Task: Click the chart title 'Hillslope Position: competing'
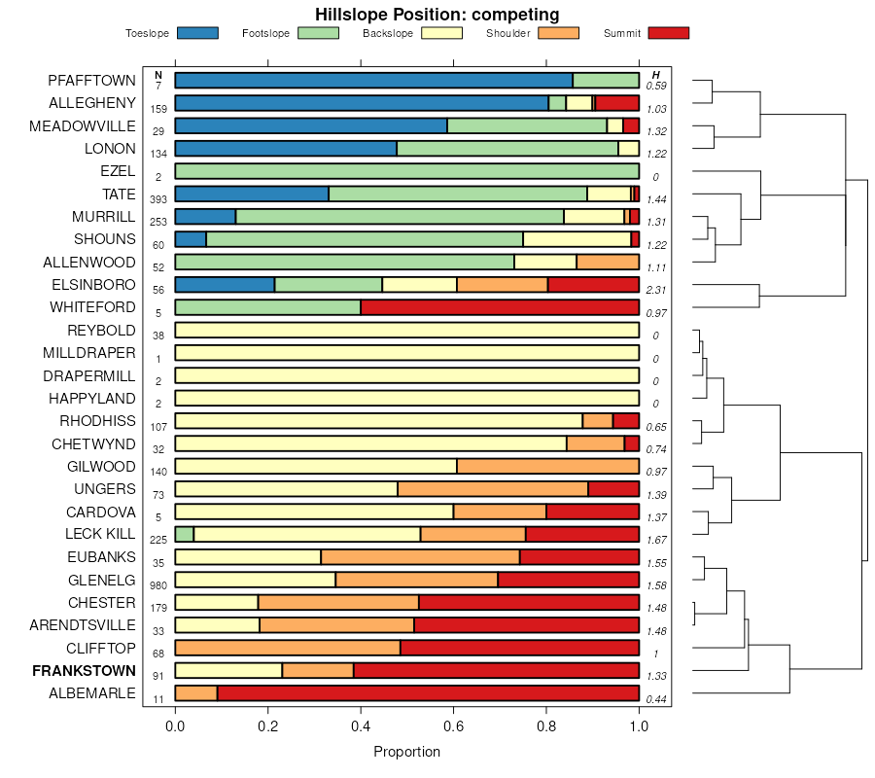437,14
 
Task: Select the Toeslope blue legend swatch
198,33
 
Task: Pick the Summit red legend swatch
668,33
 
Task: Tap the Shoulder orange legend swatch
558,33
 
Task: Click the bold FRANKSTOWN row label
84,671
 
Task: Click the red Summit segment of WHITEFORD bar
500,307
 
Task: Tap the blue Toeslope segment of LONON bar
286,148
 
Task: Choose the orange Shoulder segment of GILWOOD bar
547,466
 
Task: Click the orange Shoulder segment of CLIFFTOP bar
288,648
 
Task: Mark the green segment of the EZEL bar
406,171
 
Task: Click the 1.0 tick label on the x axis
639,725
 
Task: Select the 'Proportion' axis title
406,752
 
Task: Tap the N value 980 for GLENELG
158,585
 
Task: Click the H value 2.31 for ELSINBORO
656,290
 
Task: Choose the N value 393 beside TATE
158,198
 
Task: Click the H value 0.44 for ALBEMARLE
656,699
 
